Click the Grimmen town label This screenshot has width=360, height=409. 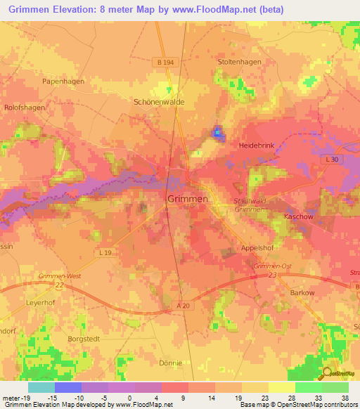coord(188,200)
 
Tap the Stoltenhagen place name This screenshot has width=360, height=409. coord(239,62)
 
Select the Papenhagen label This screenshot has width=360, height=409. coord(62,82)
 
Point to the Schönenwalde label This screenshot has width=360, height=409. coord(159,102)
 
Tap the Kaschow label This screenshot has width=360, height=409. coord(298,217)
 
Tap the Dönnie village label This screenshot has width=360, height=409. coord(171,363)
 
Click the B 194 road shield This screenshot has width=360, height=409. coord(163,62)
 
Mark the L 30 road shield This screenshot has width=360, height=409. coord(332,161)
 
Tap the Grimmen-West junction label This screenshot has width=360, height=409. coord(60,276)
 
